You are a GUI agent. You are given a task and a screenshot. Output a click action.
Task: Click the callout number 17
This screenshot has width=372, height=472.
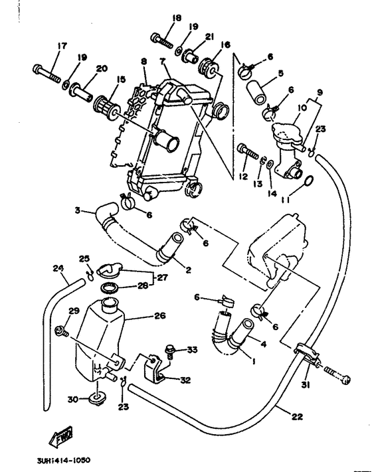click(62, 46)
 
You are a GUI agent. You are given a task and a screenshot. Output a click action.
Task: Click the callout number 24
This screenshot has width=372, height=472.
click(58, 269)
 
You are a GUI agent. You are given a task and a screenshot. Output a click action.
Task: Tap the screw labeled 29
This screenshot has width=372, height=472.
click(64, 330)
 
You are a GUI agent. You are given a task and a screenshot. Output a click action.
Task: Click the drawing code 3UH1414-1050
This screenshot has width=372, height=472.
click(59, 459)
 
